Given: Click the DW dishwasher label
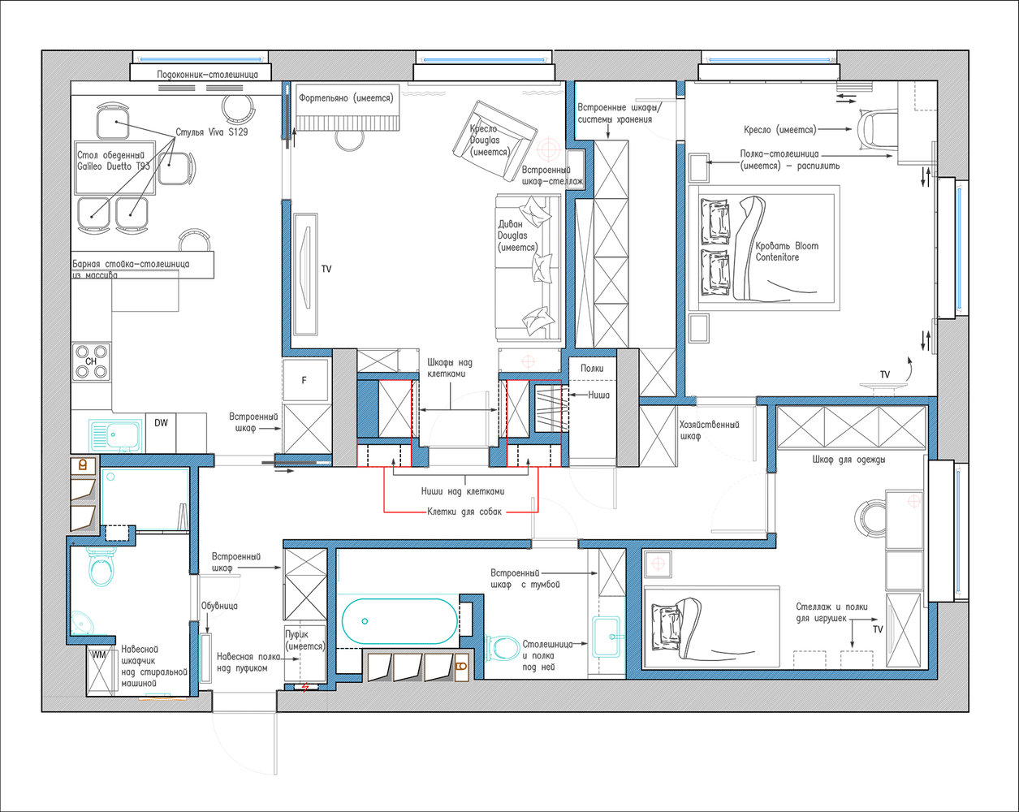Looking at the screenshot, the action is [161, 422].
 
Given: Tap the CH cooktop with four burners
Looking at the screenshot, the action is [92, 361].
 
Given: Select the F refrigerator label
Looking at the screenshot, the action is [304, 380].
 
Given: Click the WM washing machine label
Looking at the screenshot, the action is [99, 654].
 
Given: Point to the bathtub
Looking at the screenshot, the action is [399, 621].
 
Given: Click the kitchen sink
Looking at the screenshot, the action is [115, 434].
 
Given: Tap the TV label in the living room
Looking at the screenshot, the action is [326, 269].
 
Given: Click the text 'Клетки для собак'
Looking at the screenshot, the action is [464, 512].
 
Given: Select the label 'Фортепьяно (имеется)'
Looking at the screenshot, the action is [346, 98].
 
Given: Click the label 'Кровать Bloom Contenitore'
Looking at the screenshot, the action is [787, 252].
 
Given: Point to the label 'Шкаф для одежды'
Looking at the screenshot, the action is [848, 460].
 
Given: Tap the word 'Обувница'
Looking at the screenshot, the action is [219, 606].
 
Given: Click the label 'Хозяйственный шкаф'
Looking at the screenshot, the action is [710, 430].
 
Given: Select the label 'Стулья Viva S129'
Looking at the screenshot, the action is [212, 132].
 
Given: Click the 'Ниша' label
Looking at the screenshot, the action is [598, 395].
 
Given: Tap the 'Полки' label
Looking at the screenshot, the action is [592, 368].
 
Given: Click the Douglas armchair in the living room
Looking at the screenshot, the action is [494, 141].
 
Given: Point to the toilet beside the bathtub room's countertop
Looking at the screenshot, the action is [502, 647].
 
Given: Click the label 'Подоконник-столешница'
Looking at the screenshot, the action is [207, 75].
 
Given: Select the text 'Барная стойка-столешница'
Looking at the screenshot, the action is [131, 264].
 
